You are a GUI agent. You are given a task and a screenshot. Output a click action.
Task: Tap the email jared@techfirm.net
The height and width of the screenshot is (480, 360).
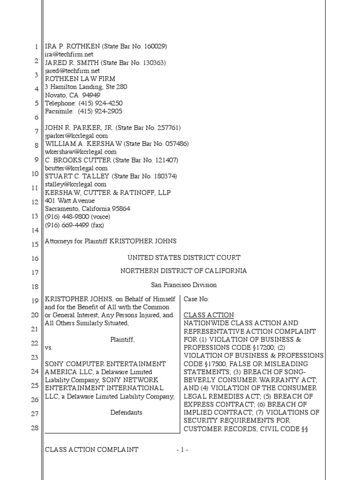(73, 71)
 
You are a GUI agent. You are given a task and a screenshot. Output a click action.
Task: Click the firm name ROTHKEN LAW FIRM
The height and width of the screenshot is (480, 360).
(80, 79)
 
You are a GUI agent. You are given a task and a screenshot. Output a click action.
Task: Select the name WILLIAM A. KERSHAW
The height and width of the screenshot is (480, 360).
(82, 143)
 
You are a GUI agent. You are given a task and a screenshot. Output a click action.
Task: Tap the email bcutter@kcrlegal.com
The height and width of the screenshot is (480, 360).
(76, 168)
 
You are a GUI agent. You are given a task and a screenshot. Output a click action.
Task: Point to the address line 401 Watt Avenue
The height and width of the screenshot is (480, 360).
(69, 201)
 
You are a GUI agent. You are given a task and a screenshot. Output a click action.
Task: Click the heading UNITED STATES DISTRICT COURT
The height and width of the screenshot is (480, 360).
(184, 257)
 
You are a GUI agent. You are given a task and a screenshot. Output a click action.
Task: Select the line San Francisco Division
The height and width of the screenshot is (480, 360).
(184, 285)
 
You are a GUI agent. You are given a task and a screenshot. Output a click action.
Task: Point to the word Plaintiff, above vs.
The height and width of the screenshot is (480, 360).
(122, 339)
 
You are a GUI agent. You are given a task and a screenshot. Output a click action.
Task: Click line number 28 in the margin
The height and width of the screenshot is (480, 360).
(35, 428)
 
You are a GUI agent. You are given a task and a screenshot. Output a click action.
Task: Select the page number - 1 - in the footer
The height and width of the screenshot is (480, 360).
(182, 450)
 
